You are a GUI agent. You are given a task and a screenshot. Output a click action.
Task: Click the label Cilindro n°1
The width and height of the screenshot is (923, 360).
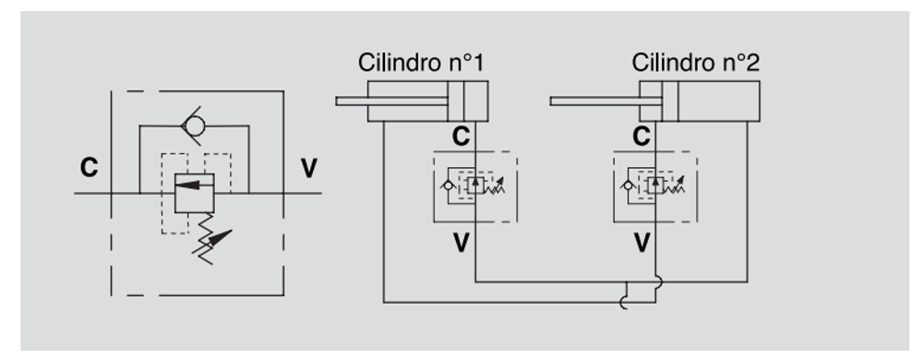pos(421,63)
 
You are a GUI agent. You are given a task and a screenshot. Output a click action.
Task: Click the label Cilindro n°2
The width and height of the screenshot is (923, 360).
pos(695,63)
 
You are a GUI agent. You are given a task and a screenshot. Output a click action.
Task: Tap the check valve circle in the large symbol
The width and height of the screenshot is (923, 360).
pos(193,126)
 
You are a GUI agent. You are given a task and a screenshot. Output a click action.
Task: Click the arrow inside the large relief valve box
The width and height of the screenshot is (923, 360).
pos(194,185)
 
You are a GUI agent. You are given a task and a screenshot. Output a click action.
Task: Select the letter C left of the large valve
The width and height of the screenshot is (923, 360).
pos(89,168)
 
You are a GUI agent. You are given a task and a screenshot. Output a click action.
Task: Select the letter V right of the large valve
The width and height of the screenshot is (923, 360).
pos(309,168)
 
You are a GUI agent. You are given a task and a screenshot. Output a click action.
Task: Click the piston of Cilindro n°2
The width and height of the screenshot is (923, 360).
pos(670,102)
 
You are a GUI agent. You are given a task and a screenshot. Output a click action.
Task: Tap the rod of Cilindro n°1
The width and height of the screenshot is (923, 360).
pos(391,102)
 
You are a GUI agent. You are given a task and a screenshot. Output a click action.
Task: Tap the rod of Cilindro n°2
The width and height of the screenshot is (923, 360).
pos(605,102)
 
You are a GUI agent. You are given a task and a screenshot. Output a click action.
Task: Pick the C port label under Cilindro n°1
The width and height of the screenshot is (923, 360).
pos(461,137)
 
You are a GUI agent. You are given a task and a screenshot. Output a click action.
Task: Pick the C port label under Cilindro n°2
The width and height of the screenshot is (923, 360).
pos(641,137)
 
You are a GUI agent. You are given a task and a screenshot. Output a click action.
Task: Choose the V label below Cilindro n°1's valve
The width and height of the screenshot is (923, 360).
pos(461,243)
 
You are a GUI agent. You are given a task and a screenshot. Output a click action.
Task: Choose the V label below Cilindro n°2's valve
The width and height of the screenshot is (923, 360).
pos(641,243)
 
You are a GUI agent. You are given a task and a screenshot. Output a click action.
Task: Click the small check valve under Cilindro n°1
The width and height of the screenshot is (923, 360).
pos(449,186)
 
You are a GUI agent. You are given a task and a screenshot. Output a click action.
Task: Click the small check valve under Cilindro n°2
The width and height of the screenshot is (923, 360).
pos(629,186)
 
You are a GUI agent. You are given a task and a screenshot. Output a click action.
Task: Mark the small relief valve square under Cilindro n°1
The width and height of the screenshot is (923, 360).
pos(475,186)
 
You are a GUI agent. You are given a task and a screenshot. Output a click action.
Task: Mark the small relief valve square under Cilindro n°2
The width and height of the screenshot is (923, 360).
pos(655,186)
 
